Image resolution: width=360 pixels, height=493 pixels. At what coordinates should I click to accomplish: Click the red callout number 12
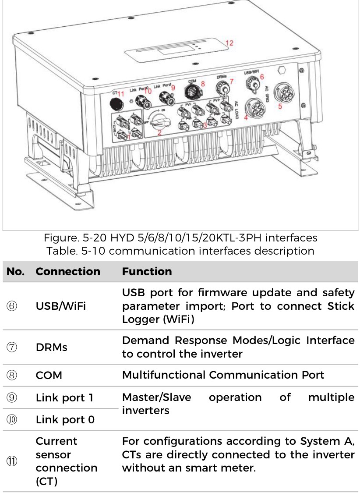[x=229, y=43]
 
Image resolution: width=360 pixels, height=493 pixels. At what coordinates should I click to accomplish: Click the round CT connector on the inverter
[x=116, y=104]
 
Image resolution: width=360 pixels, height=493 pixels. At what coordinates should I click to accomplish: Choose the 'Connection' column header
[x=68, y=272]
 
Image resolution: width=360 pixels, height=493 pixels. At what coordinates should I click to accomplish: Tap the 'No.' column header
[x=16, y=272]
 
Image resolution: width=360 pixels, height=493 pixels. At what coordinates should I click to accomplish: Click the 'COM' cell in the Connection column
[x=49, y=375]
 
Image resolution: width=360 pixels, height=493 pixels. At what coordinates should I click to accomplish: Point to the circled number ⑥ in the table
[x=13, y=306]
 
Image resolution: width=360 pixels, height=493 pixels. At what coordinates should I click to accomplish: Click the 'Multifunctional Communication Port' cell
[x=223, y=375]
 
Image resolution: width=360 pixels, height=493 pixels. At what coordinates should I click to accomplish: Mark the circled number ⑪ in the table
[x=13, y=461]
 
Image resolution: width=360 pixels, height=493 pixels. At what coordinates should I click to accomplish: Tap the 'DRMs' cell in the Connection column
[x=51, y=347]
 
